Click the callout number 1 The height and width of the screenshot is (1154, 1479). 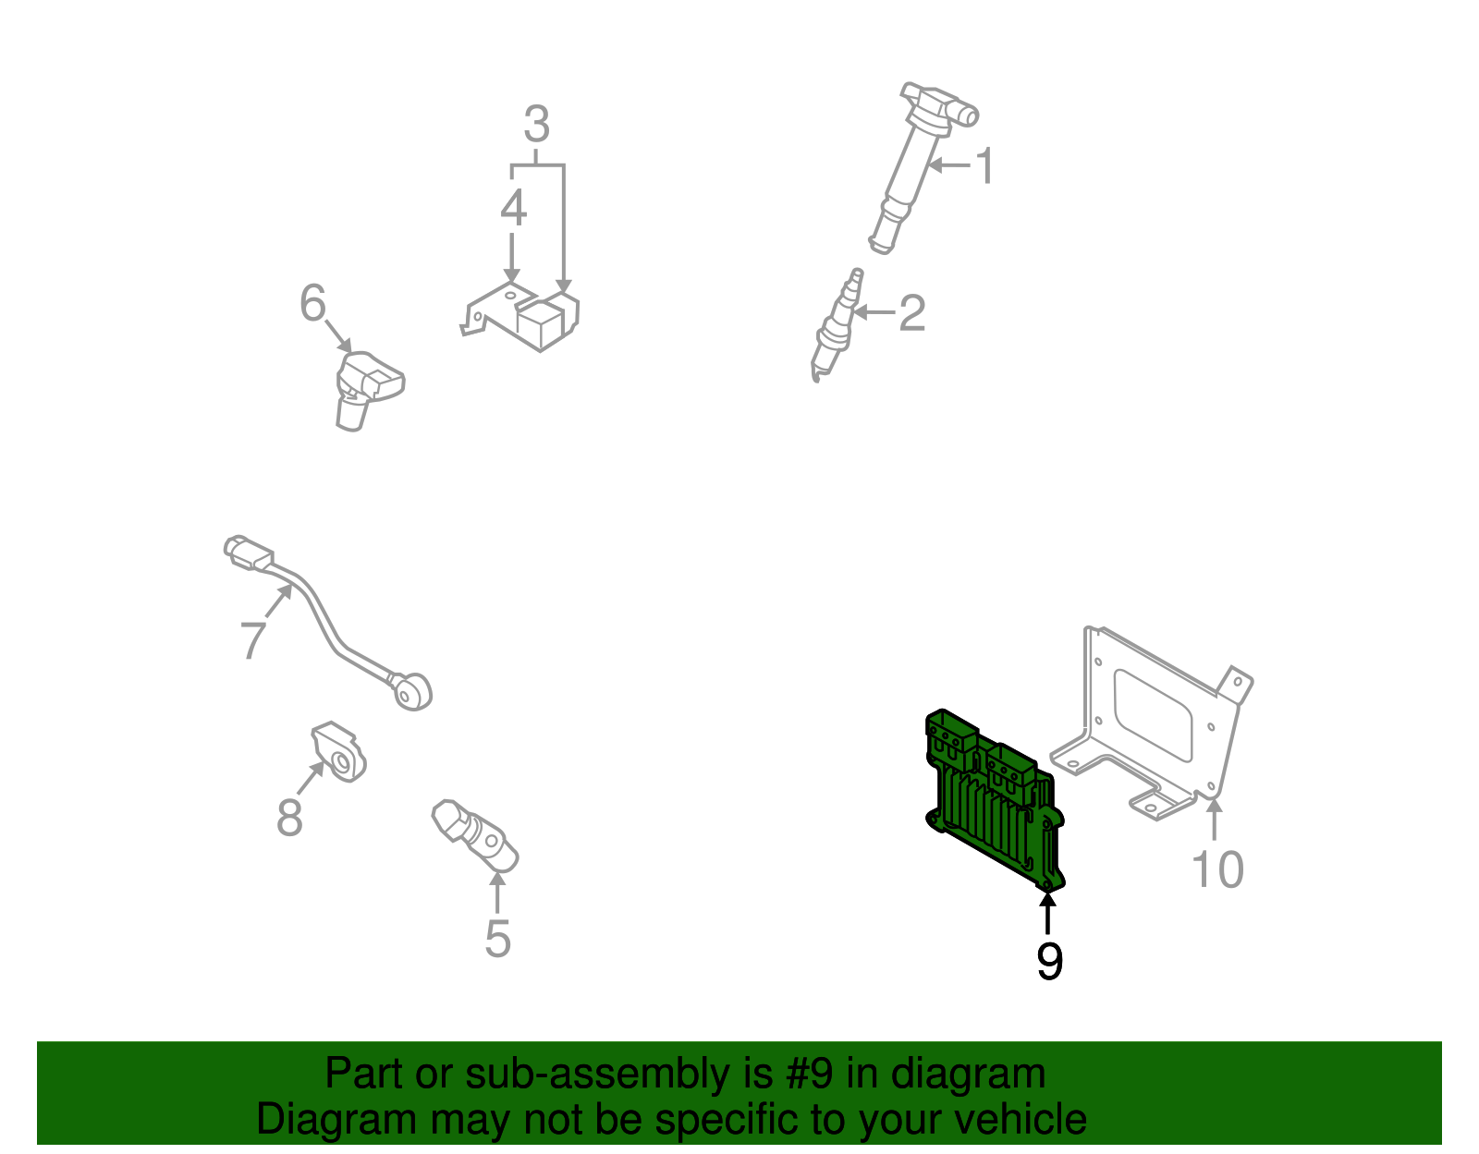985,166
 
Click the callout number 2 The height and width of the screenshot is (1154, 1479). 911,313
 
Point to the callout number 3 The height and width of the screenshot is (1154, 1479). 537,125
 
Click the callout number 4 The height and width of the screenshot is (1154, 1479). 513,209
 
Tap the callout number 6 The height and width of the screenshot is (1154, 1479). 313,303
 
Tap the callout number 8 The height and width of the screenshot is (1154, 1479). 289,818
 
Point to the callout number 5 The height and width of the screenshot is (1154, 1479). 497,939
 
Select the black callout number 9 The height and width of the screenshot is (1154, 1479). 1049,961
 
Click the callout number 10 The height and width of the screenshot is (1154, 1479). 1217,869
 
